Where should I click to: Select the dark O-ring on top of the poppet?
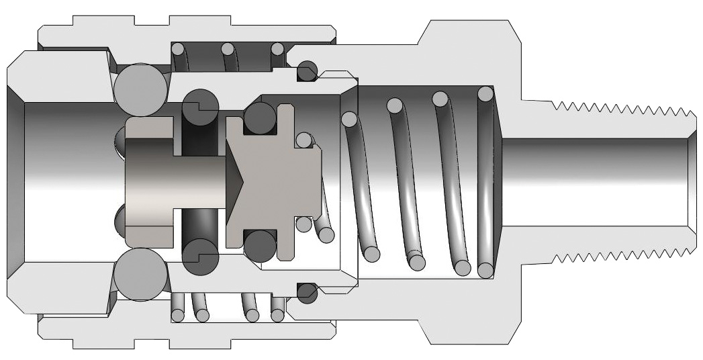260,117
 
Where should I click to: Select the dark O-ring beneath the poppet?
260,246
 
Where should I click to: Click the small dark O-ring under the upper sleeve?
307,70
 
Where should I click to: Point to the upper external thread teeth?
618,107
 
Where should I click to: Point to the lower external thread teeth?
618,256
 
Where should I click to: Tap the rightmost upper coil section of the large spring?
485,93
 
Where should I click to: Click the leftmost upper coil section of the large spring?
348,120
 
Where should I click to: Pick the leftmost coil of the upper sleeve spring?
177,49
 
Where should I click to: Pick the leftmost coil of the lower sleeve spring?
177,314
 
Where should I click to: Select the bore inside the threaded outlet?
598,181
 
